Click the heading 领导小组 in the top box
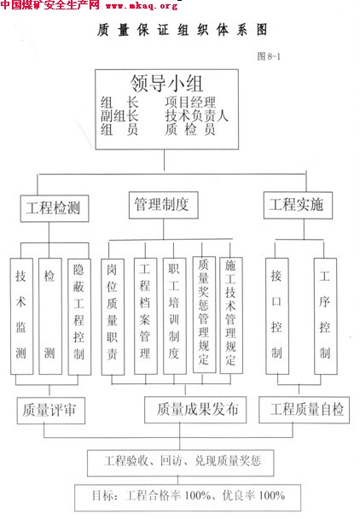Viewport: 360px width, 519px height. [166, 83]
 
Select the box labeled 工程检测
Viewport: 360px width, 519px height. [55, 208]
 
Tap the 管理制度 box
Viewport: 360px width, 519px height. [164, 205]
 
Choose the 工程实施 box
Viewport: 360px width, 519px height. [298, 205]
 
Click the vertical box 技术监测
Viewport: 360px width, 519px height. [22, 316]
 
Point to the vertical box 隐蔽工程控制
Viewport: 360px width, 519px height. [79, 317]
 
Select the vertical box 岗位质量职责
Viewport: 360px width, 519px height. [113, 317]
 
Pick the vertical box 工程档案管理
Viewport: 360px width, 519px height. [146, 316]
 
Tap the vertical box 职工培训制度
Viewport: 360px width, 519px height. [175, 316]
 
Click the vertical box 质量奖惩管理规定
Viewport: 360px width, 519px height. [204, 315]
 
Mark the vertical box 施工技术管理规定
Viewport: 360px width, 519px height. [231, 316]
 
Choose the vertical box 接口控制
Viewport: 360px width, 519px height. [277, 316]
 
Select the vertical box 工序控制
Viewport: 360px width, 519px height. [326, 316]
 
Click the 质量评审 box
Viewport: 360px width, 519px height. [51, 411]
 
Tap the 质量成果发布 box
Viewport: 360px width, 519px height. [195, 410]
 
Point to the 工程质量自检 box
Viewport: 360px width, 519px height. [304, 410]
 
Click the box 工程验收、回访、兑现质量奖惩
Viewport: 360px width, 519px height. [181, 463]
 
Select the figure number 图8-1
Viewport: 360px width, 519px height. [269, 56]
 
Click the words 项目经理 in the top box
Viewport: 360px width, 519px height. [190, 102]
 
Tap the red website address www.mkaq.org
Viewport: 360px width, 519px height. [142, 6]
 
